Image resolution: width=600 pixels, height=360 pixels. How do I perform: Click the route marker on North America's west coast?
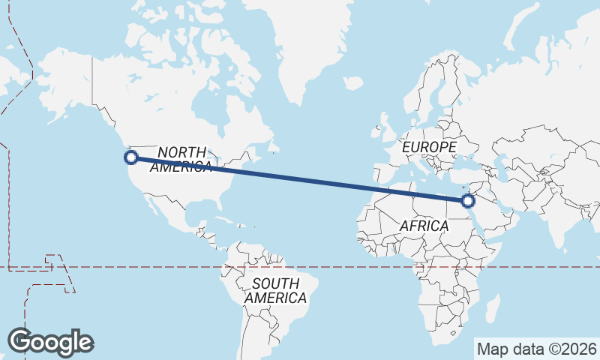131,157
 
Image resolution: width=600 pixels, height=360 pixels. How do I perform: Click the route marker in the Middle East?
468,200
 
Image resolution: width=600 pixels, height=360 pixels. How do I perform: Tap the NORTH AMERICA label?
181,160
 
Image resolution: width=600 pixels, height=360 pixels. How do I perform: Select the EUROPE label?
429,147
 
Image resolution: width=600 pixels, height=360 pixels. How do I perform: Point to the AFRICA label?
424,226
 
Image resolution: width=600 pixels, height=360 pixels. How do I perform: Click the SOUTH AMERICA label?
276,290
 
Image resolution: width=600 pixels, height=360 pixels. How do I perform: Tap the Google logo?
50,342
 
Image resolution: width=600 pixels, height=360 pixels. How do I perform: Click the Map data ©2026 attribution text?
537,349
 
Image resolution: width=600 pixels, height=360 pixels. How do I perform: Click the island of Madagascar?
492,307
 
